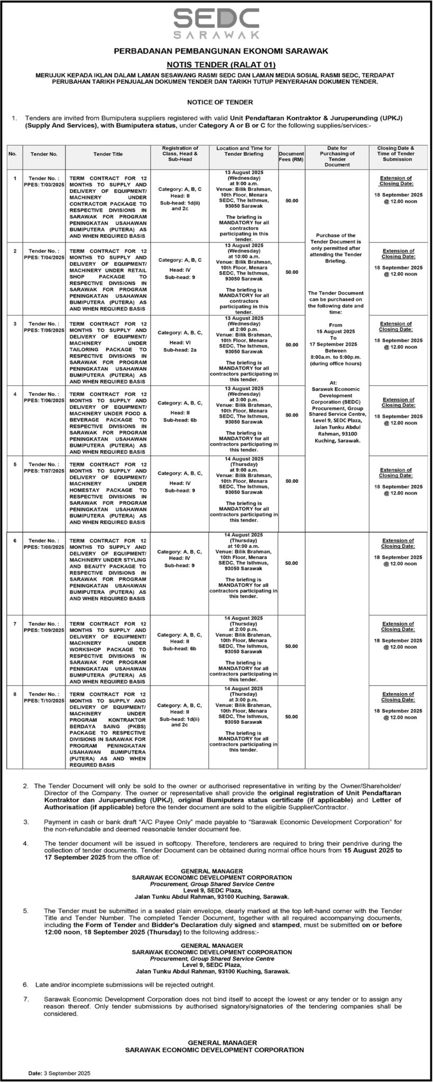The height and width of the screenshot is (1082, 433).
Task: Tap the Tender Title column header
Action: pyautogui.click(x=108, y=154)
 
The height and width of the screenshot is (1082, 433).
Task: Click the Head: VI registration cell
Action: pyautogui.click(x=180, y=342)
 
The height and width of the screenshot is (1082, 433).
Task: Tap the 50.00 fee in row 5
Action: pyautogui.click(x=291, y=481)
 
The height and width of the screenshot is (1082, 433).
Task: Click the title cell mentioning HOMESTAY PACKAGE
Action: pyautogui.click(x=108, y=492)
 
